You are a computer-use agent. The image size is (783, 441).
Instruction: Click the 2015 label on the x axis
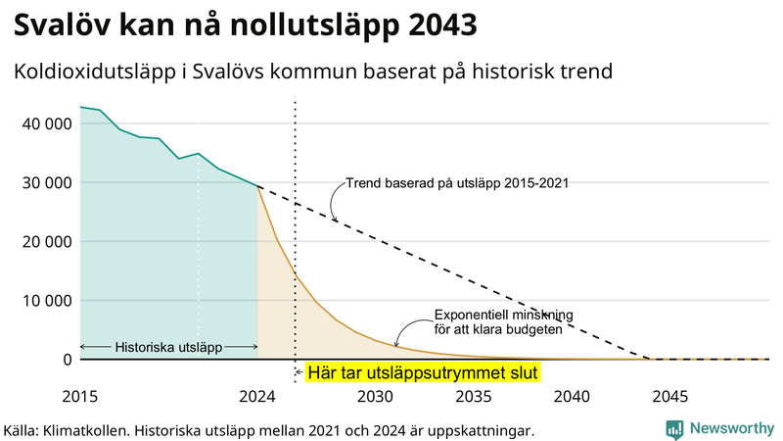(x=80, y=397)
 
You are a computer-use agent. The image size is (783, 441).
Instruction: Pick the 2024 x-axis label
(x=257, y=397)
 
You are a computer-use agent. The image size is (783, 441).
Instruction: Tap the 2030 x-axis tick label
(x=376, y=397)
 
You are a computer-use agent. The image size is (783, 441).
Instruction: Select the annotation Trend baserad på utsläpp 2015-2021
(x=457, y=182)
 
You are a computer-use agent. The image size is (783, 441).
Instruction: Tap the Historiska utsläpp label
(x=168, y=347)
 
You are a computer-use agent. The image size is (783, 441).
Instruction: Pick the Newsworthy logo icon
(x=674, y=428)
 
